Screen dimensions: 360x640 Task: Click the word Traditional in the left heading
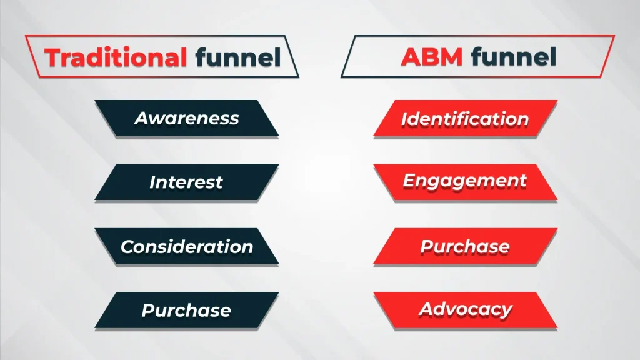(x=116, y=57)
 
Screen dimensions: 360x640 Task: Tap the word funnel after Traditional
(x=237, y=57)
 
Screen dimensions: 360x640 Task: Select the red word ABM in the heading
(x=432, y=57)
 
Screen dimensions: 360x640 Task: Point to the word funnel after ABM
(x=514, y=57)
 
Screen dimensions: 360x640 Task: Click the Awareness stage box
(x=186, y=118)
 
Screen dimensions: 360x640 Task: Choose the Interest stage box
(x=186, y=182)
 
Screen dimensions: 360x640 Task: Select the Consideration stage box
(x=186, y=246)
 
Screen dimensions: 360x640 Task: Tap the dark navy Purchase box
(x=186, y=310)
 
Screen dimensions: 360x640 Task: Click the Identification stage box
(x=465, y=118)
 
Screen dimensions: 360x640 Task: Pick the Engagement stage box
(x=465, y=182)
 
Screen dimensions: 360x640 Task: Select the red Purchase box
(x=465, y=246)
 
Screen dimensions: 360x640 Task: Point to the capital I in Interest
(x=152, y=182)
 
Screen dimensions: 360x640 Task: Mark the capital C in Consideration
(x=127, y=247)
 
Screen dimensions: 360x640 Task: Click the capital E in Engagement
(x=409, y=181)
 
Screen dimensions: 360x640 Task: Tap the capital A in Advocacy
(x=426, y=309)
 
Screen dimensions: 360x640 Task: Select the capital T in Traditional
(x=54, y=57)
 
